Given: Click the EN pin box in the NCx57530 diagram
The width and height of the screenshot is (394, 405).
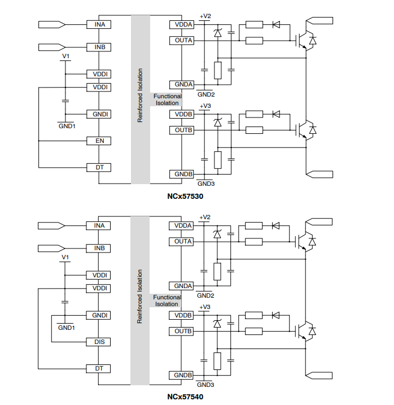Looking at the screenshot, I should (x=98, y=141).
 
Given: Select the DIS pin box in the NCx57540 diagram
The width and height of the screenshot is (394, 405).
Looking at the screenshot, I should (x=98, y=342).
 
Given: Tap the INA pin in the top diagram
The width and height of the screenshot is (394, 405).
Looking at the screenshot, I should (x=98, y=24).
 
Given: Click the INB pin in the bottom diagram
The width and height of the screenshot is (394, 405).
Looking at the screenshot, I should (x=98, y=248).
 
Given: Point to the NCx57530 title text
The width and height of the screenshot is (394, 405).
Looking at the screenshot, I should (x=185, y=197).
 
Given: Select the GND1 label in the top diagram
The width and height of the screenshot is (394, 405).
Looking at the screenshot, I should (x=67, y=126).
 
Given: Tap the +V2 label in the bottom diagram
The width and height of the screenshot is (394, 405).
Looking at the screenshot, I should (x=205, y=217).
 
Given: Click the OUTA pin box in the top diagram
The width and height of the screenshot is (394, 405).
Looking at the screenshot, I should (x=183, y=41).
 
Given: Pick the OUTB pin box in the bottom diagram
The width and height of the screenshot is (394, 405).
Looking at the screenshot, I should (x=183, y=331).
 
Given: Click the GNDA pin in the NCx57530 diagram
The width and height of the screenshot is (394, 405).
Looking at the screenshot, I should (x=183, y=85).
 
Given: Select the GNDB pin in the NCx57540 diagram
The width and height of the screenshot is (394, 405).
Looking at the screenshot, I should (x=183, y=375).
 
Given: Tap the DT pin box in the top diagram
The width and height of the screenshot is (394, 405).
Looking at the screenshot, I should (x=98, y=168).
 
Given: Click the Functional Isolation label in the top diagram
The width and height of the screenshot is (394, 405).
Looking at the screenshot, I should (x=167, y=99).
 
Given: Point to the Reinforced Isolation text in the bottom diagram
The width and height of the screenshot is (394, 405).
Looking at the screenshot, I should (x=140, y=296).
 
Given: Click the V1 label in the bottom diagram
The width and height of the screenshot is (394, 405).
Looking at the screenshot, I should (x=65, y=258).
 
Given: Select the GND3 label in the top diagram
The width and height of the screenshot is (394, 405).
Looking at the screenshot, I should (x=205, y=184).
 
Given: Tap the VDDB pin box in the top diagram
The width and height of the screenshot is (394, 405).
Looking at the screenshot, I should (x=183, y=114).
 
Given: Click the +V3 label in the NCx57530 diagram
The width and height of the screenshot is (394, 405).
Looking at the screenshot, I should (x=205, y=106).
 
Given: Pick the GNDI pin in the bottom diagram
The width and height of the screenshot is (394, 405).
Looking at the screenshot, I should (x=98, y=315).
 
